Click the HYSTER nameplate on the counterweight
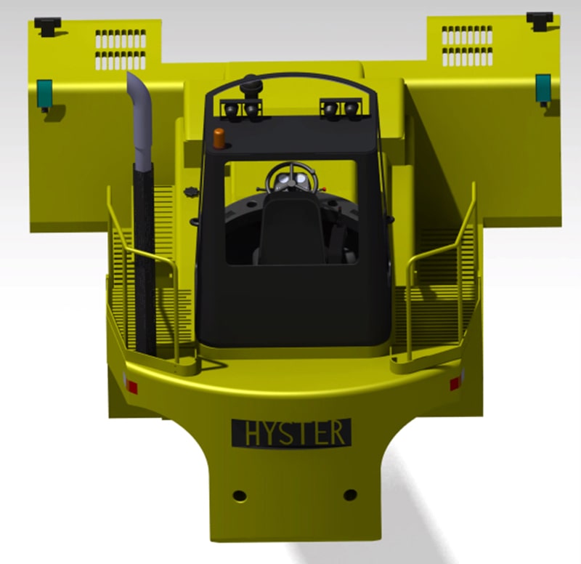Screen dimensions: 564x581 tap(291, 432)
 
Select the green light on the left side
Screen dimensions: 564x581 tap(45, 92)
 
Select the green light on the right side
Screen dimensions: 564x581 tap(543, 87)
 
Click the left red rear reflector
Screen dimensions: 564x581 tap(131, 386)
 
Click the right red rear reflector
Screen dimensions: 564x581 tap(456, 383)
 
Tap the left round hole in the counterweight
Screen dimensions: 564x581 tap(239, 496)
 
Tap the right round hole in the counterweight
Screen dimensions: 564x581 tap(350, 495)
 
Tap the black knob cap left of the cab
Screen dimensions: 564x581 tap(191, 194)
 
